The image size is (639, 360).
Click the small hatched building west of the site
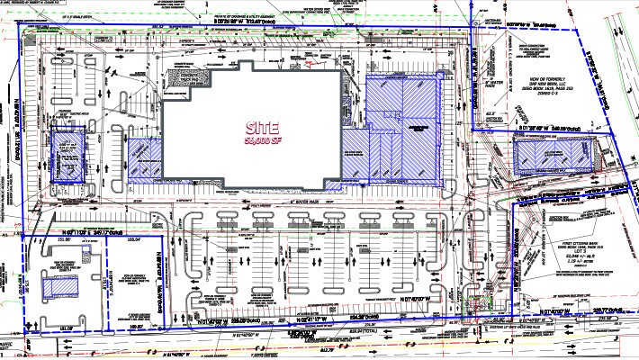[x=65, y=154]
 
